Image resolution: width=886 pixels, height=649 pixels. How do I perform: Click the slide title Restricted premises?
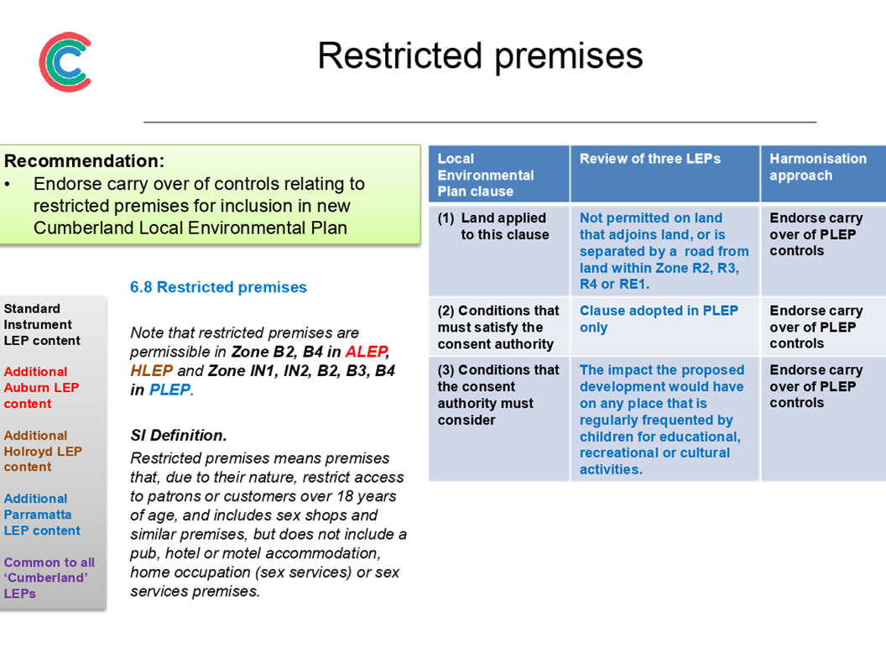(480, 56)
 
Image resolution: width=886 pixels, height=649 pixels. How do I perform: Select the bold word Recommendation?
(84, 160)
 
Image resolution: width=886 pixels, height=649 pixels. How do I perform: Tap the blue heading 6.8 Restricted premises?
(218, 287)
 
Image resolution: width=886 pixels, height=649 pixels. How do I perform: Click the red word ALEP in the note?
(366, 352)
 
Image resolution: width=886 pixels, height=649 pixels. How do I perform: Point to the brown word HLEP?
(151, 371)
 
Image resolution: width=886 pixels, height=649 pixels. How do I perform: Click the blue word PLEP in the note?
(169, 390)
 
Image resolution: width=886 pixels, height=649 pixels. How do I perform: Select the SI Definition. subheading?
(179, 435)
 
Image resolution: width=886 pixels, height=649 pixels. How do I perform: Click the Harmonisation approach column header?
(818, 167)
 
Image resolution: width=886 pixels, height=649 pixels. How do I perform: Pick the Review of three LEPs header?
(649, 159)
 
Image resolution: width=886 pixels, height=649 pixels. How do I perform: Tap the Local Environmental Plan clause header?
(486, 175)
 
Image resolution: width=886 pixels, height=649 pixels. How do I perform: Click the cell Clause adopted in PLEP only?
(659, 319)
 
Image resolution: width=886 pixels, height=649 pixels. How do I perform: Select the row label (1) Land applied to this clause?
(493, 226)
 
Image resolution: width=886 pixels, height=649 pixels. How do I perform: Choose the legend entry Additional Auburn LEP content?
(41, 387)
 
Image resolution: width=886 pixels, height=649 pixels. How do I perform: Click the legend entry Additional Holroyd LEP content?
(43, 451)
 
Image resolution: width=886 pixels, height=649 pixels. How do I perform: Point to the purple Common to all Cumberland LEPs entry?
(50, 578)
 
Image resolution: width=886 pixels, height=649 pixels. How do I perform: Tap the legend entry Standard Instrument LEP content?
(42, 324)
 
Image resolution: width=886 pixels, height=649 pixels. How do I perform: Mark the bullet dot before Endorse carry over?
(8, 185)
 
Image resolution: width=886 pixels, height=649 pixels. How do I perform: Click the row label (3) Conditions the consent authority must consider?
(498, 395)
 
